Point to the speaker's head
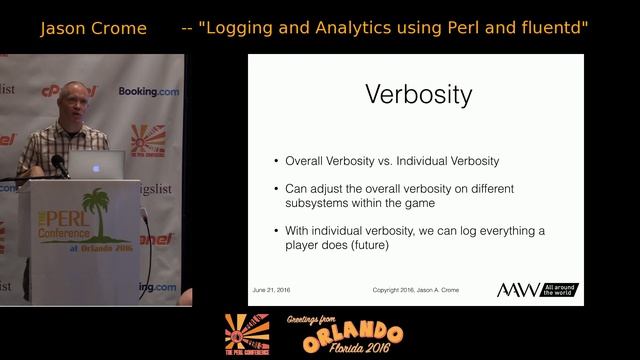pos(75,101)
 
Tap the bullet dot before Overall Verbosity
pos(276,161)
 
